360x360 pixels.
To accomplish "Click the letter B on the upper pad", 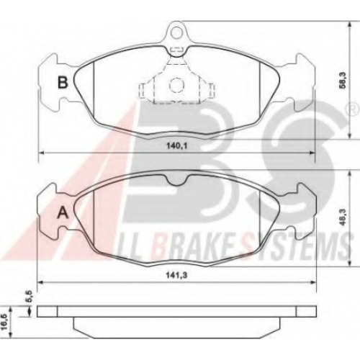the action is coord(63,82).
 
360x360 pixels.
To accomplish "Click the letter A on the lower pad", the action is coord(63,212).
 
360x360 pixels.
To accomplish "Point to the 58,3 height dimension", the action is coord(343,82).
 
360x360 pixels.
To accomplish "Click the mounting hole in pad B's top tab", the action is coord(177,32).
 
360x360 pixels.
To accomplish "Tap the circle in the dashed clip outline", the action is coord(176,85).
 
